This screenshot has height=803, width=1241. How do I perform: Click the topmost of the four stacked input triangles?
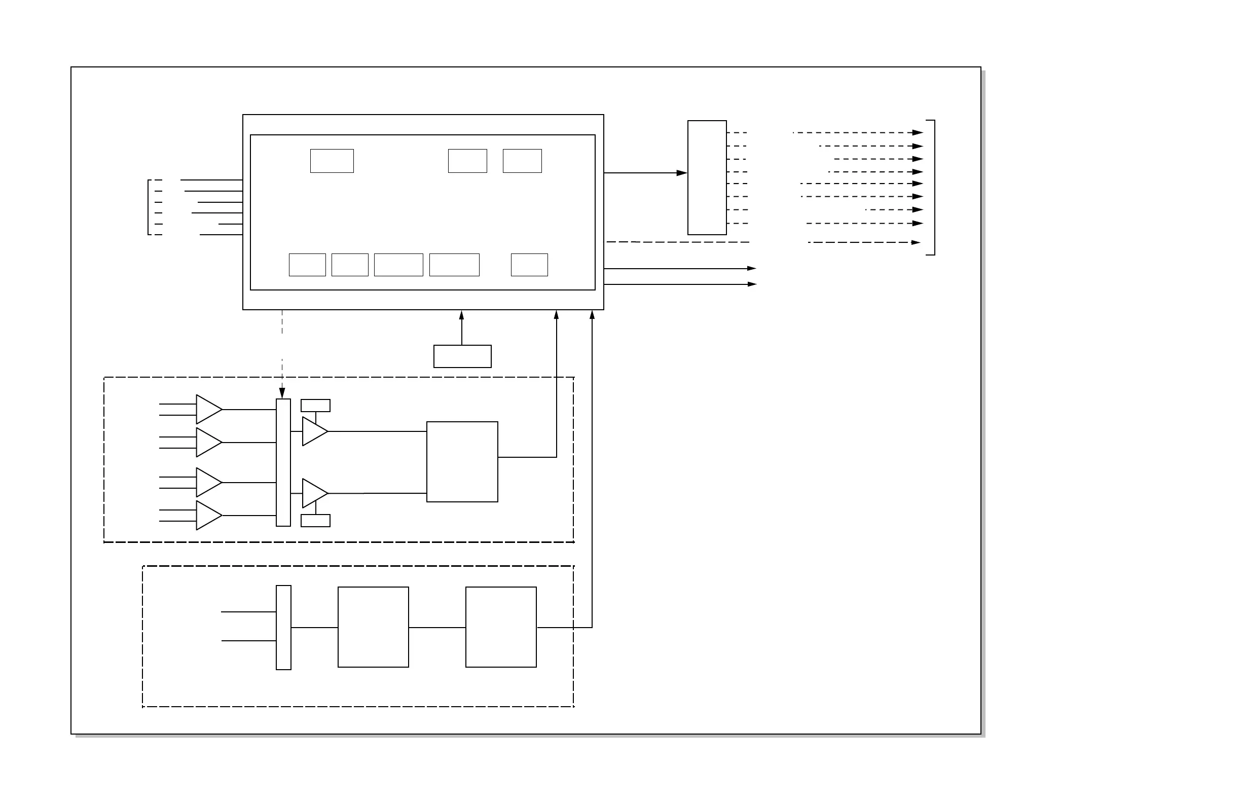208,409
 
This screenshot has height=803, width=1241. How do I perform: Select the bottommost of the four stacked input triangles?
208,515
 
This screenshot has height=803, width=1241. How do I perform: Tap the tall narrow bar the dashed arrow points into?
283,462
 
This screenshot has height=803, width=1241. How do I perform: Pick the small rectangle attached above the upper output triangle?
315,405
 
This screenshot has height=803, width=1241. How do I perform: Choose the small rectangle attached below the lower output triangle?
315,521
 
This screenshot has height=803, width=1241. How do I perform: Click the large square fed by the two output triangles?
462,461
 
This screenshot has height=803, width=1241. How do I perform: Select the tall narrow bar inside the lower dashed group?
284,627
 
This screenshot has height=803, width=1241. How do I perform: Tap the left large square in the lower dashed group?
373,627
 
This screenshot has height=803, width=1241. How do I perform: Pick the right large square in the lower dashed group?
501,627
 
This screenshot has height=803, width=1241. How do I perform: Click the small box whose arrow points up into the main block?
462,356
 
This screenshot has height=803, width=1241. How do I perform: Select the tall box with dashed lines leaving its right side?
707,177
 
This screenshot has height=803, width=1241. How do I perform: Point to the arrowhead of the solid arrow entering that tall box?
682,172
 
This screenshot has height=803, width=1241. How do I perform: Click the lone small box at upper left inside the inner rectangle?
332,161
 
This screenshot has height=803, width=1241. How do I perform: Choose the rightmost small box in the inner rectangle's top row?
523,161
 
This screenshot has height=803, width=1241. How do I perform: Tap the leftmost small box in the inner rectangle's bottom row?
308,265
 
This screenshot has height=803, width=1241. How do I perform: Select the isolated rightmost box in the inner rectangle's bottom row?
529,265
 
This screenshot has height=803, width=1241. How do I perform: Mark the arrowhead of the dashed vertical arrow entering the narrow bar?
282,393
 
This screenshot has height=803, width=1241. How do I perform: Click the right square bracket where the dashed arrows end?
934,188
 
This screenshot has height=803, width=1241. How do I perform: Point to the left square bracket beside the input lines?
149,207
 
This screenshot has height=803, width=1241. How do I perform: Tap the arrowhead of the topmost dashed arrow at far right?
918,132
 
